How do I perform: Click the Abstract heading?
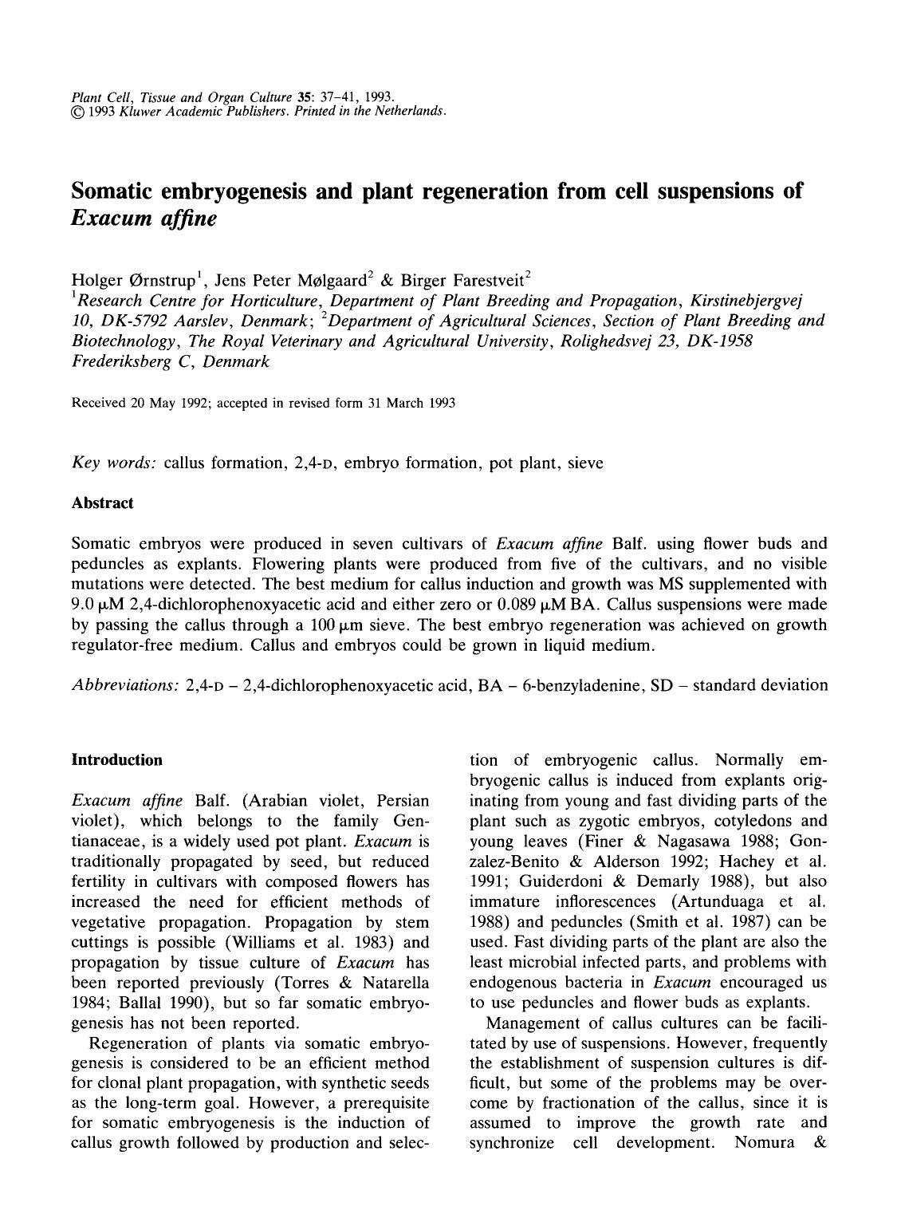102,503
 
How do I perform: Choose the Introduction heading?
116,759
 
